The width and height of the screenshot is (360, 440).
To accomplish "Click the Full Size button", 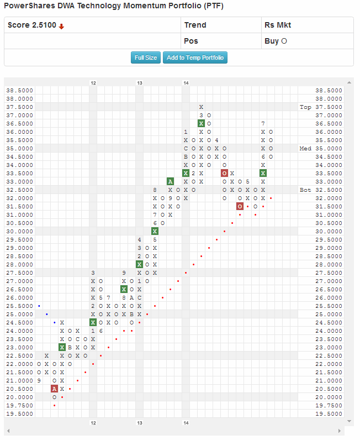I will click(146, 57).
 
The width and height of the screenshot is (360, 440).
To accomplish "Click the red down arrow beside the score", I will click(61, 26).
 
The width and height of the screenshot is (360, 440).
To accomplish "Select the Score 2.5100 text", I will click(32, 25).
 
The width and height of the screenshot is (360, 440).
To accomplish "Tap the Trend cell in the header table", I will click(195, 25).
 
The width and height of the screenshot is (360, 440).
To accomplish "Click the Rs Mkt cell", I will click(277, 25).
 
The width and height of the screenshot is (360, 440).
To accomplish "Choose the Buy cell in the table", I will click(276, 41).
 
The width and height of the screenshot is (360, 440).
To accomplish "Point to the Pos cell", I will click(191, 41).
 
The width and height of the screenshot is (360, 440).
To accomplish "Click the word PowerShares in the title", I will click(26, 6).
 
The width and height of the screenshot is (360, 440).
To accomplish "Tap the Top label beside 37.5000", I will click(305, 107).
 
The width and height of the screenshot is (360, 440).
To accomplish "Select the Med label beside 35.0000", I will click(305, 148).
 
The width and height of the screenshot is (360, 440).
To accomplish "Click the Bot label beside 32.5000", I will click(305, 190).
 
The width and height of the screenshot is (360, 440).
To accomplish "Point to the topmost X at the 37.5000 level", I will click(202, 107).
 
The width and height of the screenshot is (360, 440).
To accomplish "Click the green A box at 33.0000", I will click(171, 181).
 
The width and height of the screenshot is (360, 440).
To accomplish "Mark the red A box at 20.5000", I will click(55, 389).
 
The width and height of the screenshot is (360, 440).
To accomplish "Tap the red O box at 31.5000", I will click(240, 206).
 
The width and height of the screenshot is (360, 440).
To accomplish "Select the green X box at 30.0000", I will click(155, 231).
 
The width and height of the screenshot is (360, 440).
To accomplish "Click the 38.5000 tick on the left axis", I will click(19, 90).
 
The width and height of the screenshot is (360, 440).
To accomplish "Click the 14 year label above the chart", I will click(187, 82).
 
